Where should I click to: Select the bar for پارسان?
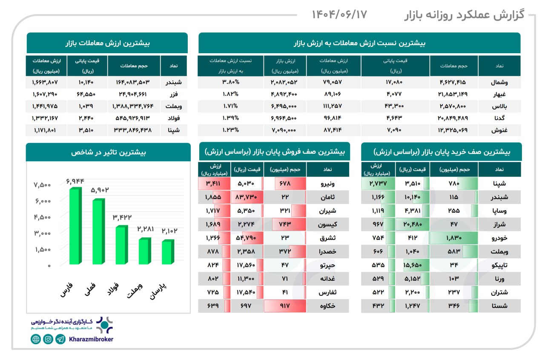[x=167, y=252]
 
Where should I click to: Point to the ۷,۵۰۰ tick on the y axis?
[x=42, y=185]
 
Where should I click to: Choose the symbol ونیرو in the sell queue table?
[x=327, y=184]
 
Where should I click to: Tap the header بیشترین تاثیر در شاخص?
[x=108, y=152]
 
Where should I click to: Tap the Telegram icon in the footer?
[x=61, y=339]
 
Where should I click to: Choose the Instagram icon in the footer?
[x=48, y=339]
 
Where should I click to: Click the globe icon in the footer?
[x=36, y=339]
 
